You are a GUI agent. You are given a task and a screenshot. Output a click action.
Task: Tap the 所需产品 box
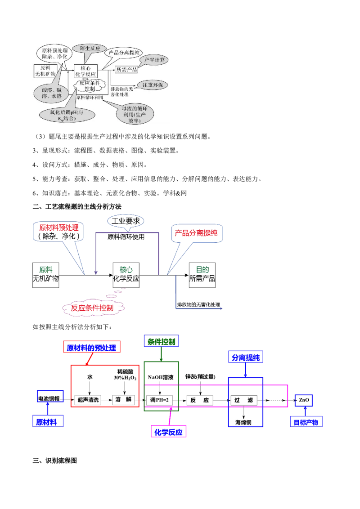pos(126,69)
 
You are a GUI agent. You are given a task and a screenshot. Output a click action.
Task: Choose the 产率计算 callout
pos(154,60)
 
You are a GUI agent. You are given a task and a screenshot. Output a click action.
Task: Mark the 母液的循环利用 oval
pos(138,114)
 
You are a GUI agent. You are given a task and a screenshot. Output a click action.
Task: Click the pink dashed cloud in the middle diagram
pos(93,308)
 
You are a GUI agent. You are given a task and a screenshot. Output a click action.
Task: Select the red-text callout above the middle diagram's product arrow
pos(196,234)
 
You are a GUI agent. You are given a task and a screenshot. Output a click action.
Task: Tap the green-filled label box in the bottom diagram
pos(161,341)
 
